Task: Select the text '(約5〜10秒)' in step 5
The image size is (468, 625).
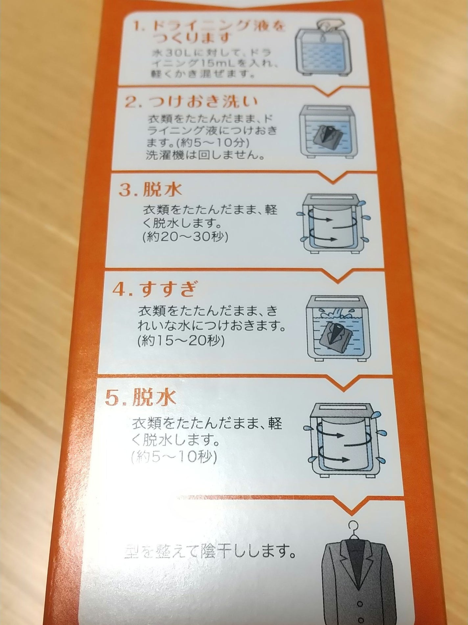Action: coord(173,457)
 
